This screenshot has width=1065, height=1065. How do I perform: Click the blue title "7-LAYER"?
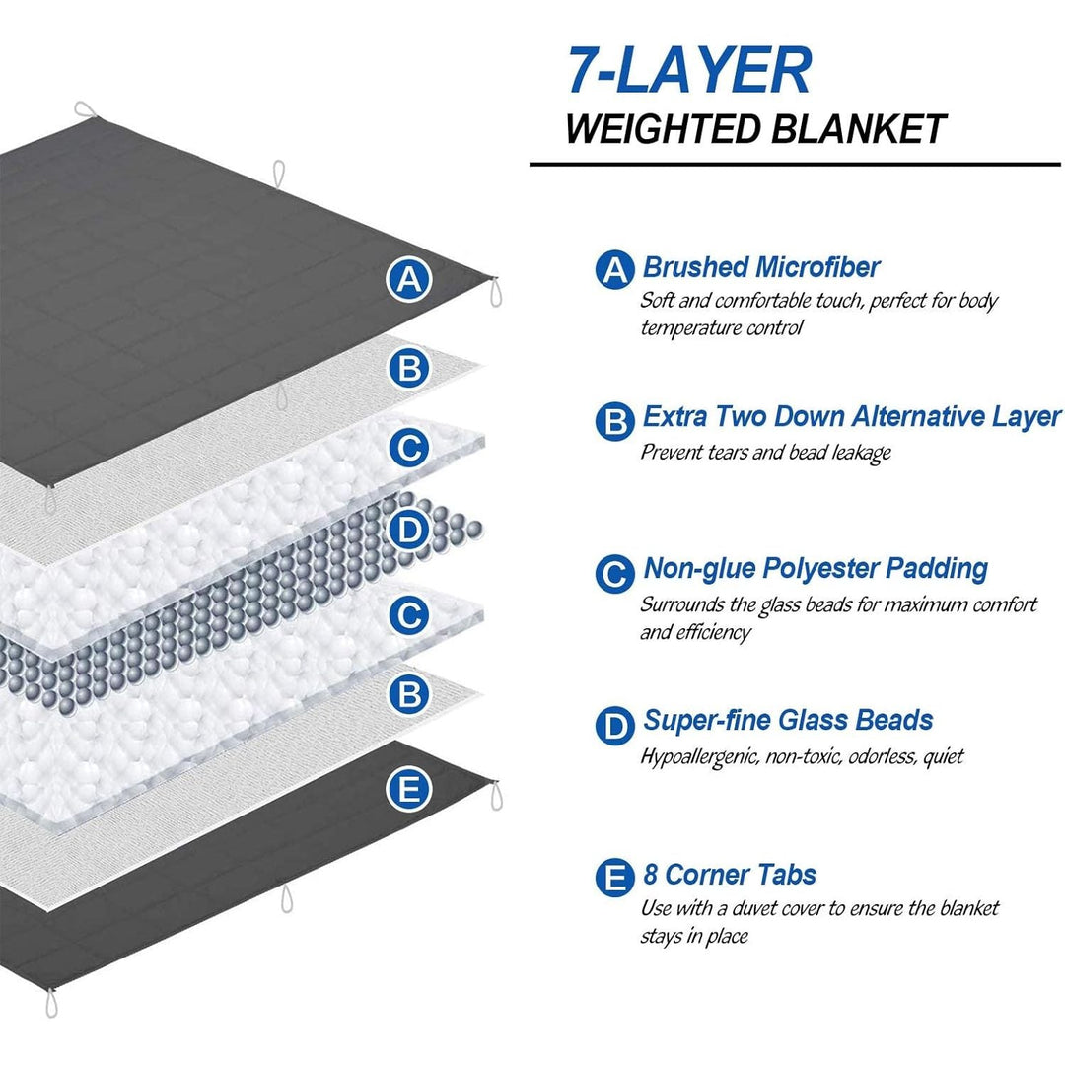pyautogui.click(x=688, y=71)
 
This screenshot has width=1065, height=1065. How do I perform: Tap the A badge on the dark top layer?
pyautogui.click(x=408, y=281)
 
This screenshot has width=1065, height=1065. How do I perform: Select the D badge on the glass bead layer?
pyautogui.click(x=408, y=531)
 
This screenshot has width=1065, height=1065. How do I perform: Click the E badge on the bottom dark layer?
pyautogui.click(x=408, y=789)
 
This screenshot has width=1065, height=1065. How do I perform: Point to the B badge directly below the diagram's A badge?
pyautogui.click(x=408, y=370)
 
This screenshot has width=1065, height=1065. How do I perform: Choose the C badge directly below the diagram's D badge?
pyautogui.click(x=408, y=615)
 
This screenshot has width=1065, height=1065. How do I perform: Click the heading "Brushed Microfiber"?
pyautogui.click(x=760, y=266)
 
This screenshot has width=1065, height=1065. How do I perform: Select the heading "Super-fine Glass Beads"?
pyautogui.click(x=788, y=719)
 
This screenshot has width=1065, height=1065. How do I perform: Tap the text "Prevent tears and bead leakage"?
pyautogui.click(x=765, y=453)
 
